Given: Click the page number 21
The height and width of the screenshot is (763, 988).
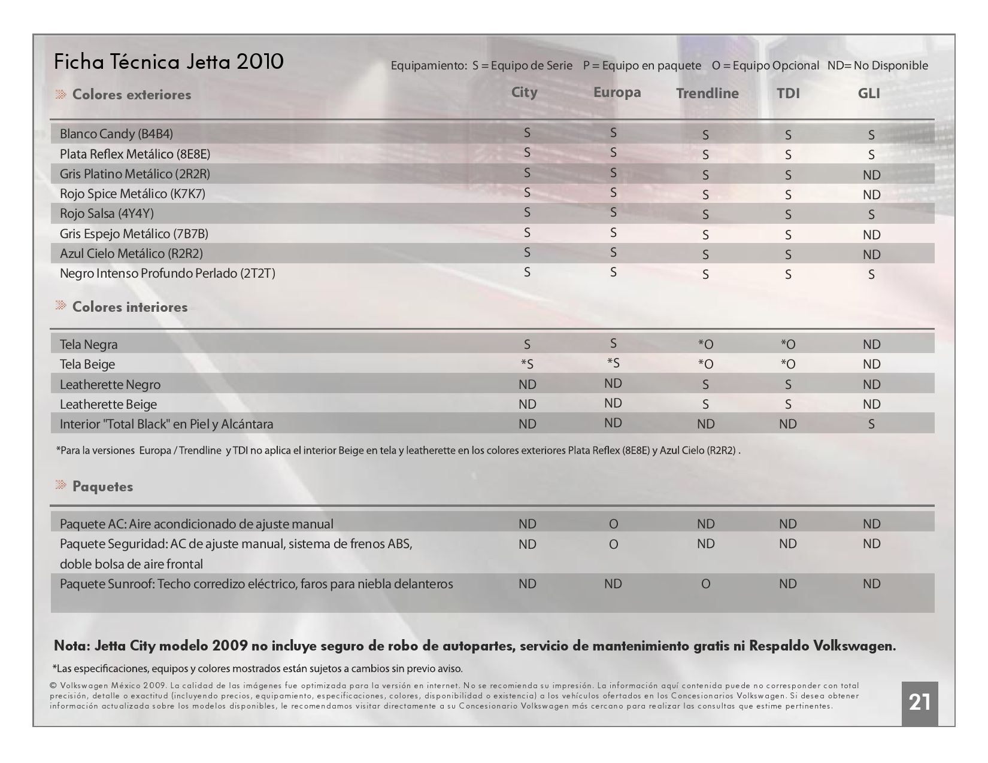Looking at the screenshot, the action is (x=919, y=703).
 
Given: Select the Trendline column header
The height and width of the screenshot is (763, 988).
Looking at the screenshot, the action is (x=707, y=93).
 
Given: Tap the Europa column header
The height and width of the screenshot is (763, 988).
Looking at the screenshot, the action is (x=617, y=93).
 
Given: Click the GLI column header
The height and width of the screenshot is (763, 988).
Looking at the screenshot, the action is (x=869, y=93).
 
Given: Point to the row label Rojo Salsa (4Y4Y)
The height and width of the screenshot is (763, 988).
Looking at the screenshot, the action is (x=107, y=214).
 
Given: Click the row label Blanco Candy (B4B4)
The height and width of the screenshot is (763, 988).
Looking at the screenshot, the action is (x=116, y=134).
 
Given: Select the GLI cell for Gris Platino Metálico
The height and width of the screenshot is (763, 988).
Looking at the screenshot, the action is (x=872, y=175).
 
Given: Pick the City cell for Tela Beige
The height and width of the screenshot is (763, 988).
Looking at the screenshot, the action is (x=527, y=364).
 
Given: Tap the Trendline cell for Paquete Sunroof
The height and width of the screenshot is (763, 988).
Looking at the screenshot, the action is (x=705, y=584).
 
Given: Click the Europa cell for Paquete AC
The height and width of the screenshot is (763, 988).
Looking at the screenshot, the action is (x=613, y=524).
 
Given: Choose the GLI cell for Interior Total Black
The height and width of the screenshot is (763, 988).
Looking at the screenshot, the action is (x=871, y=424).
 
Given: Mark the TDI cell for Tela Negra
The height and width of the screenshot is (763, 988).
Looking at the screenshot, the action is (x=788, y=345).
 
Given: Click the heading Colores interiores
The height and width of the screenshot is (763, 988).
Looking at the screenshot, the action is (x=130, y=307).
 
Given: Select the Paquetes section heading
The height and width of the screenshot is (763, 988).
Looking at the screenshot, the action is (x=103, y=487).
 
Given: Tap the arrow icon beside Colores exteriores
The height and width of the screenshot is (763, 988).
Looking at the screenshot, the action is (x=61, y=94).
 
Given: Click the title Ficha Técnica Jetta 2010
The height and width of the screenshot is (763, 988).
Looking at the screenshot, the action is (x=169, y=62).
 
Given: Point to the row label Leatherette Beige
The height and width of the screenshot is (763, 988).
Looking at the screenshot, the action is (x=108, y=405).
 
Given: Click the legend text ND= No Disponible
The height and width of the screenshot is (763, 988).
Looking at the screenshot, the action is (x=877, y=65).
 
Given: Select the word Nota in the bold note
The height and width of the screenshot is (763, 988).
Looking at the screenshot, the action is (x=72, y=646).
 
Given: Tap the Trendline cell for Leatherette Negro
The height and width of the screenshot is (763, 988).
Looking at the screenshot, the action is (x=705, y=385).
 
